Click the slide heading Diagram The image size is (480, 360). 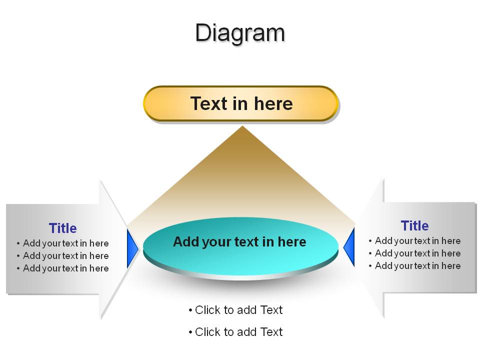click(240, 33)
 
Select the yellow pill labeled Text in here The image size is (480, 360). click(241, 103)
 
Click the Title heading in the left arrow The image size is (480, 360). click(63, 228)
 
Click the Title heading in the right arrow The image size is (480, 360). click(415, 226)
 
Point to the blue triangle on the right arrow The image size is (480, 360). click(349, 246)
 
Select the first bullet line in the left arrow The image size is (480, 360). click(63, 243)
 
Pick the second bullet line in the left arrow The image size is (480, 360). click(63, 256)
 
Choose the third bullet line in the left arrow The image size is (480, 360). click(63, 268)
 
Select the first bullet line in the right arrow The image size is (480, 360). click(415, 241)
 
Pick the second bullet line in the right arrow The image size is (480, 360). click(415, 253)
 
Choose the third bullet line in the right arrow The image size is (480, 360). click(415, 266)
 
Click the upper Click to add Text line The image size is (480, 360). click(235, 310)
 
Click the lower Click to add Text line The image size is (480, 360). click(235, 332)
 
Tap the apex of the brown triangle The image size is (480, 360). click(242, 126)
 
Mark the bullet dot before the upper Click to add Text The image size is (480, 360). click(190, 310)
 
